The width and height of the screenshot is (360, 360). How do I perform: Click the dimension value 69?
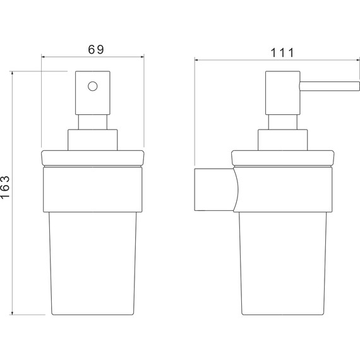(x=96, y=49)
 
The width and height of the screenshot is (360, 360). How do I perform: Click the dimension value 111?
(x=282, y=53)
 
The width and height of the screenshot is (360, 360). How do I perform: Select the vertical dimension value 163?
(x=5, y=187)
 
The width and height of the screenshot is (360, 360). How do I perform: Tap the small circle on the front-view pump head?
(x=92, y=86)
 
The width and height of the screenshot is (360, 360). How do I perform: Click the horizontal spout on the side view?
(x=330, y=86)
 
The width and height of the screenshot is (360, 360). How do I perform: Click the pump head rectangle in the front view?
(x=92, y=93)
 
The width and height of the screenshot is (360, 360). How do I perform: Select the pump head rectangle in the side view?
(x=282, y=93)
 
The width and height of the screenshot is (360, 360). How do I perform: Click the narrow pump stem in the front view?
(x=92, y=122)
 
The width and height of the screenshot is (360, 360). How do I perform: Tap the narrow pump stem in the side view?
(x=282, y=122)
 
